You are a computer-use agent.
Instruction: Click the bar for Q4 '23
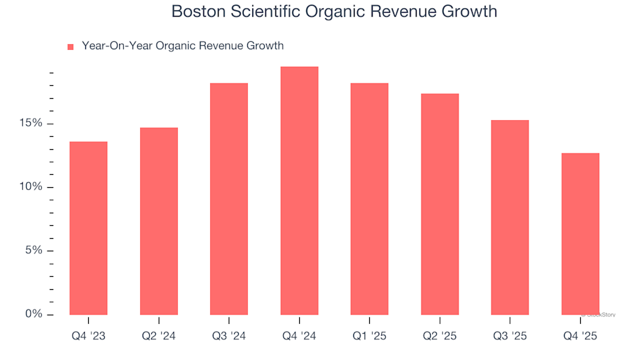pos(88,228)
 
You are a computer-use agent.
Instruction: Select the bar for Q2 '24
pos(159,221)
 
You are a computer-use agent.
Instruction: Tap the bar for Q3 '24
pos(229,199)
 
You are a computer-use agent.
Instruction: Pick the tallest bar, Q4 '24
pos(299,191)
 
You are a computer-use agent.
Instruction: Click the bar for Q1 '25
pos(369,199)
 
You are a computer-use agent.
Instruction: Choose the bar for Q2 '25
pos(439,204)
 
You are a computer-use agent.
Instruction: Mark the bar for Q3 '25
pos(510,217)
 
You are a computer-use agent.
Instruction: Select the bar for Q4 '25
pos(580,233)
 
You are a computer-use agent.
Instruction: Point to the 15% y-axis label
pos(31,123)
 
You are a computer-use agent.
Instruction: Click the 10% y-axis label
pos(31,187)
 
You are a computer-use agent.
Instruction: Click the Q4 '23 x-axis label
pos(88,336)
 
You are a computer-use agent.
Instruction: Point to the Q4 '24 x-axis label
pos(299,336)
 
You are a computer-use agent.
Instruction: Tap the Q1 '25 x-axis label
pos(369,336)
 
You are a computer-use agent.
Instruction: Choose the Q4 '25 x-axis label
pos(580,336)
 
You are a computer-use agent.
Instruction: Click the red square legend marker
pos(70,47)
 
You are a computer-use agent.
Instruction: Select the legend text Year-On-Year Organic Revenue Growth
pos(182,46)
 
